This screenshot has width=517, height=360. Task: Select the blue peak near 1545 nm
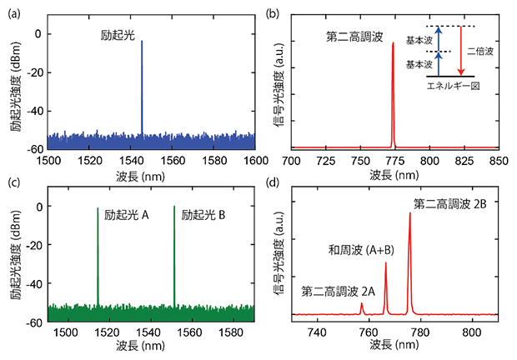(142, 83)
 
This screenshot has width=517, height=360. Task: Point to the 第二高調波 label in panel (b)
(354, 37)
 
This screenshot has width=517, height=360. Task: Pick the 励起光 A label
(127, 214)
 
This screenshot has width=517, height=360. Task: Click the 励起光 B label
(205, 214)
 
